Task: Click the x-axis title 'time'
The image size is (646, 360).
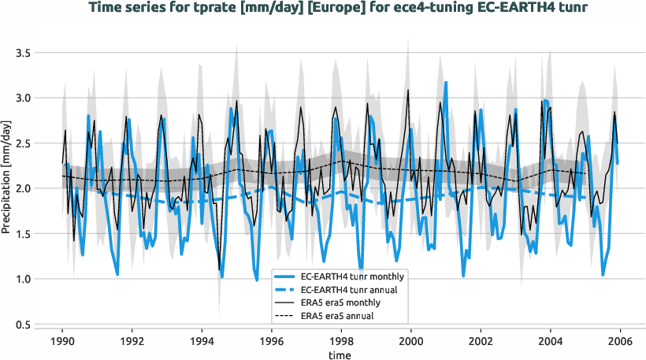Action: click(341, 355)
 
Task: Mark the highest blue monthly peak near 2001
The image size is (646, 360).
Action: click(446, 82)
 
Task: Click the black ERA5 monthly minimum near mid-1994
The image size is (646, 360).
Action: click(219, 270)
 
